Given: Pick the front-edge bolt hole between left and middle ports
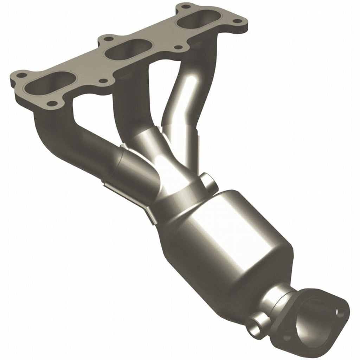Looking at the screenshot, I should coord(103,81).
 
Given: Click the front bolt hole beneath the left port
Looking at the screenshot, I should coord(52,103).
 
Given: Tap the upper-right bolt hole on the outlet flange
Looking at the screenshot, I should coord(338,311).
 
